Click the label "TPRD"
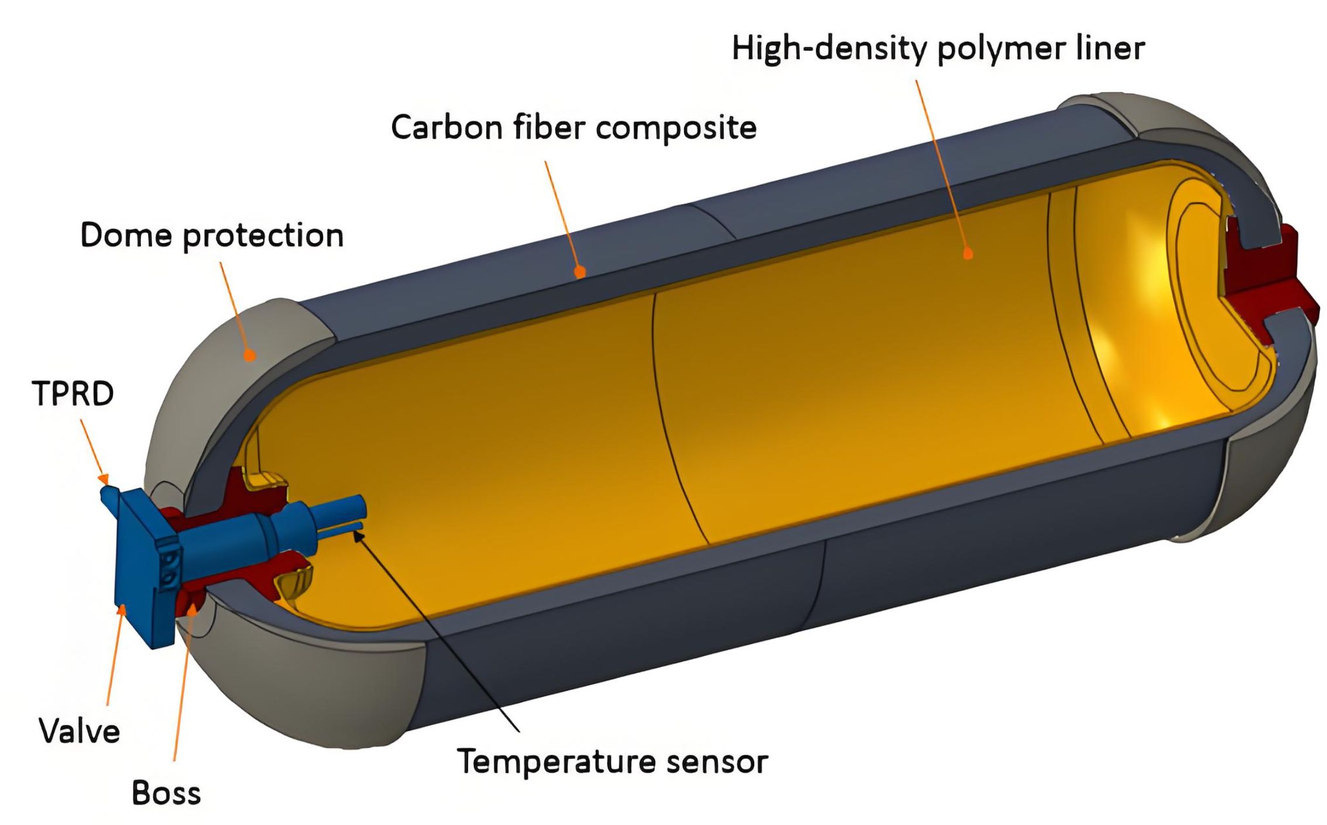pos(73,393)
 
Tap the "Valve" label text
pos(80,731)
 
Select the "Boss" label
pos(166,793)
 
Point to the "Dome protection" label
pos(212,236)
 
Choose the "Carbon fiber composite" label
pos(573,127)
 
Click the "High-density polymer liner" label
pos(938,49)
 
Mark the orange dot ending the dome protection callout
pos(250,355)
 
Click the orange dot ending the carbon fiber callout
pos(580,272)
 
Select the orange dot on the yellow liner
pos(968,254)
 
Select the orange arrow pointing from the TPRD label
pos(93,447)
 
